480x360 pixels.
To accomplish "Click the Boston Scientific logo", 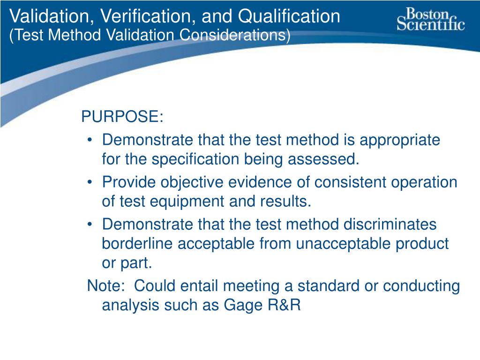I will [x=430, y=19].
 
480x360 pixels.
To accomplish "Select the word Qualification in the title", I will [x=289, y=16].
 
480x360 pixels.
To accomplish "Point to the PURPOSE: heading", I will [x=122, y=117].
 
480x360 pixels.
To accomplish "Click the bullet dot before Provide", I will [x=90, y=183].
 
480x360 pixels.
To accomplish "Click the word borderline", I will [x=139, y=244].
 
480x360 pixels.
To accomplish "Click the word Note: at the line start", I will [x=105, y=286].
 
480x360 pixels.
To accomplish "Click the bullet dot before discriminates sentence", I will [x=90, y=225].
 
